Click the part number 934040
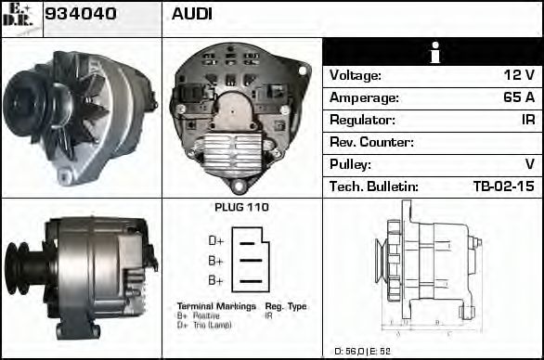(x=80, y=14)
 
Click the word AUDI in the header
(x=192, y=14)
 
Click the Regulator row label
(x=362, y=120)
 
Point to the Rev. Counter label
(x=371, y=142)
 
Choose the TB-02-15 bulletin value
(x=503, y=186)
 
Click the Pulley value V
(x=529, y=164)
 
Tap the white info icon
(x=434, y=53)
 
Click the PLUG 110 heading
(x=241, y=207)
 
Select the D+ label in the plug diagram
(x=215, y=241)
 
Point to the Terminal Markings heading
(x=215, y=305)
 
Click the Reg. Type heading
(x=285, y=305)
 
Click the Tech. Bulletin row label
(x=374, y=186)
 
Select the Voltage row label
(x=356, y=75)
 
